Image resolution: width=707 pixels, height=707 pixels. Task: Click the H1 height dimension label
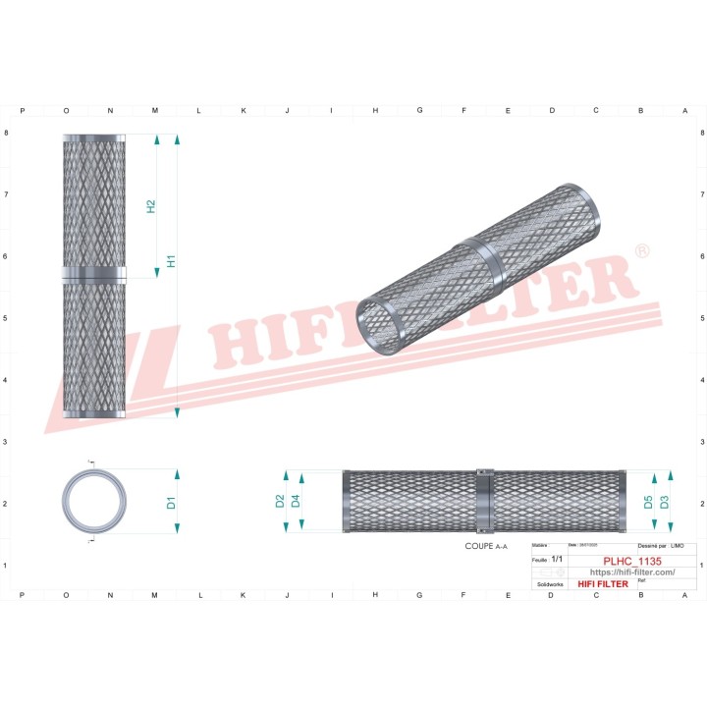coord(171,261)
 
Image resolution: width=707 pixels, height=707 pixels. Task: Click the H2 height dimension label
coord(151,207)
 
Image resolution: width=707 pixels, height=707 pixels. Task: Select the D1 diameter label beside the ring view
coord(171,503)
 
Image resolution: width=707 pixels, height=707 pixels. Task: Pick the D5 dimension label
coord(648,502)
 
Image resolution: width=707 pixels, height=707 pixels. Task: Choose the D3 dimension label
coord(665,502)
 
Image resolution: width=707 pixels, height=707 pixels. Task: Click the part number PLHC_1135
coord(631,560)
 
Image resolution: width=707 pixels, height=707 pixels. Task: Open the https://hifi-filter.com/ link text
coord(631,571)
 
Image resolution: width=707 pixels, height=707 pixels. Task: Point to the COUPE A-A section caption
coord(486,545)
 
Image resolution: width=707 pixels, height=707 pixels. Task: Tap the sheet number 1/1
coord(557,559)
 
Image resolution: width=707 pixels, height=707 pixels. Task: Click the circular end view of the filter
coord(94,501)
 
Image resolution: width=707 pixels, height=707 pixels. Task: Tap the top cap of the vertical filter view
coord(94,137)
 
